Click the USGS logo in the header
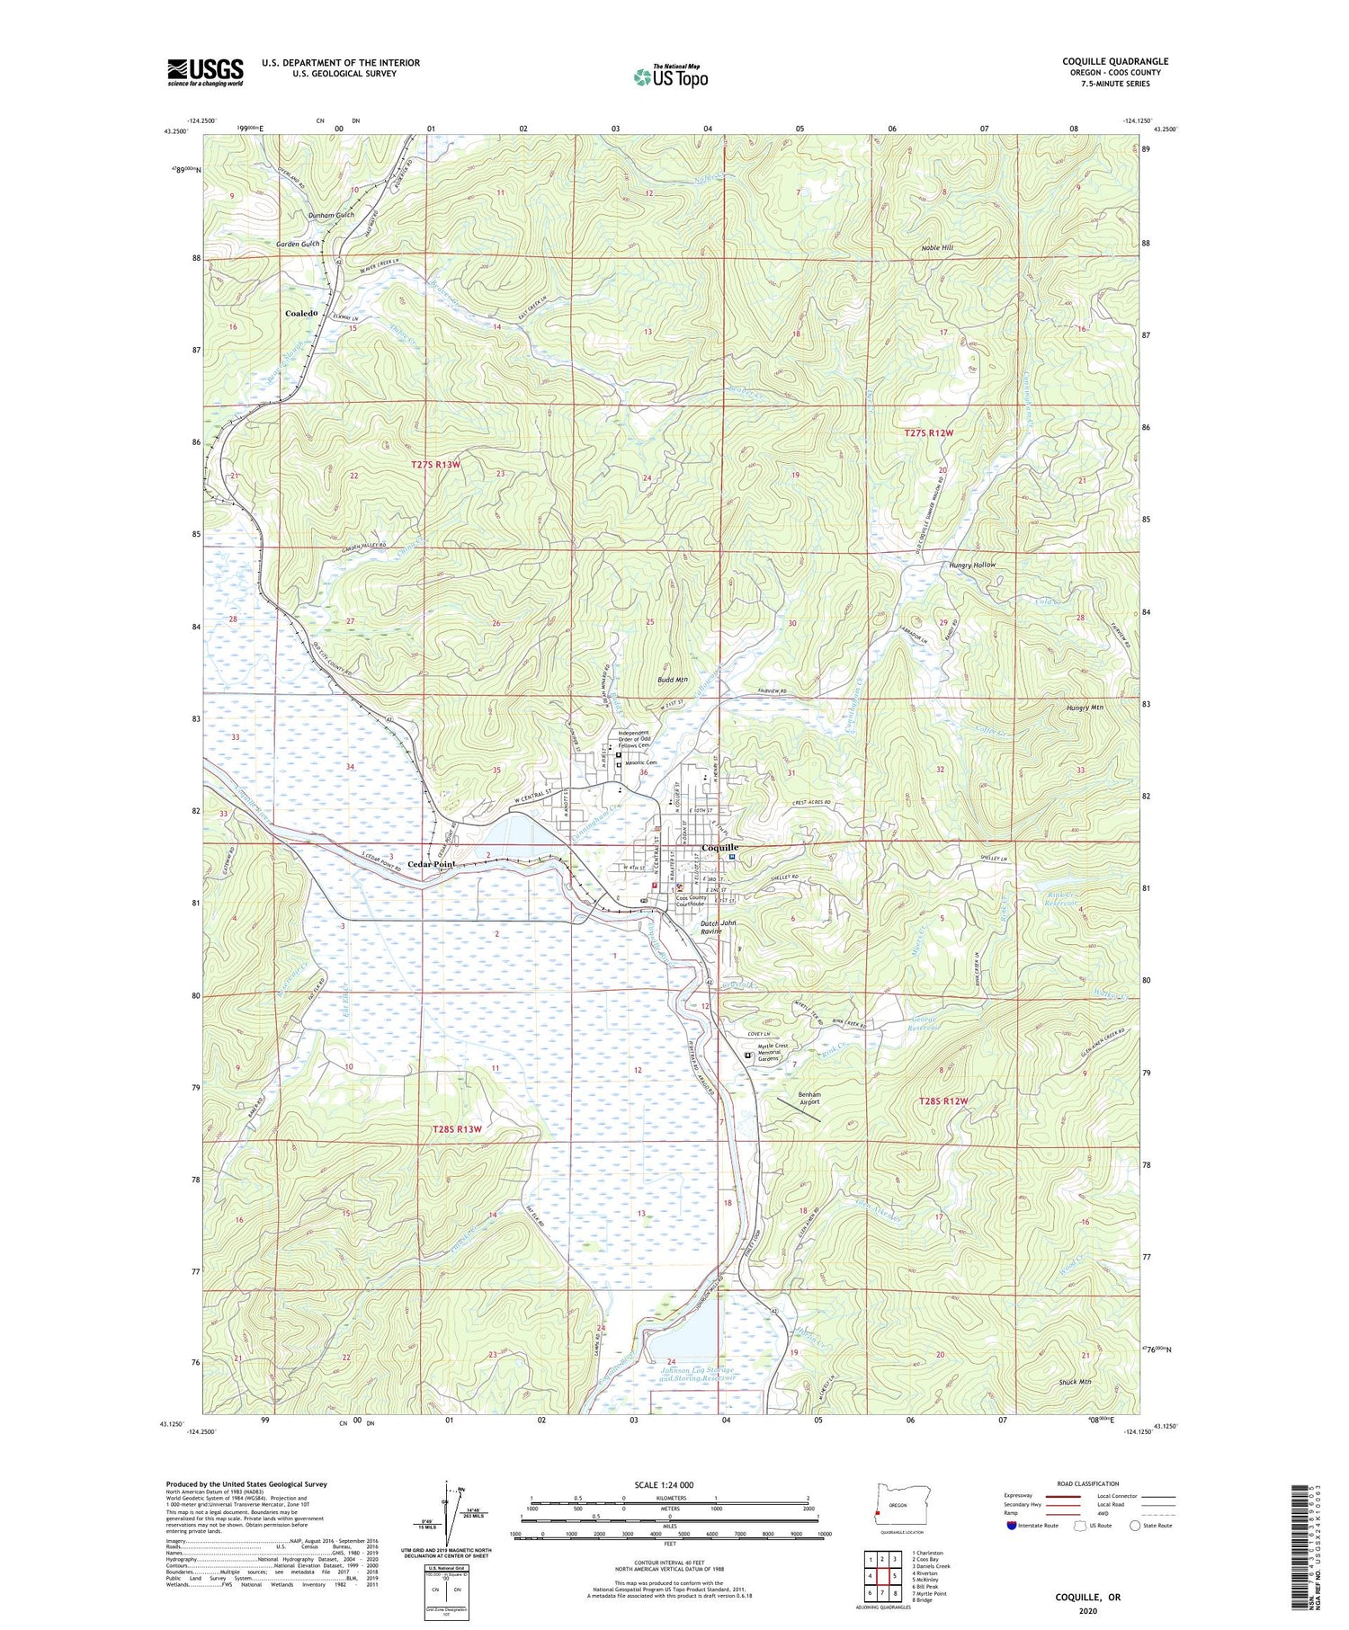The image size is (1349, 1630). (205, 72)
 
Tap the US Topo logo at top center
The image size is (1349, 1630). (670, 76)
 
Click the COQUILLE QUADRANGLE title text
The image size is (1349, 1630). (1115, 61)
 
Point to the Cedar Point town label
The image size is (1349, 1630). (432, 864)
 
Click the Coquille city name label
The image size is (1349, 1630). (719, 847)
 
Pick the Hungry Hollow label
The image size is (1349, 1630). (972, 566)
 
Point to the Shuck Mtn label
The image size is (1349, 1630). (1075, 1381)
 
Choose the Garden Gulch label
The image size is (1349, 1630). (298, 244)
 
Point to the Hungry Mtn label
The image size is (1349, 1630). (1084, 708)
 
